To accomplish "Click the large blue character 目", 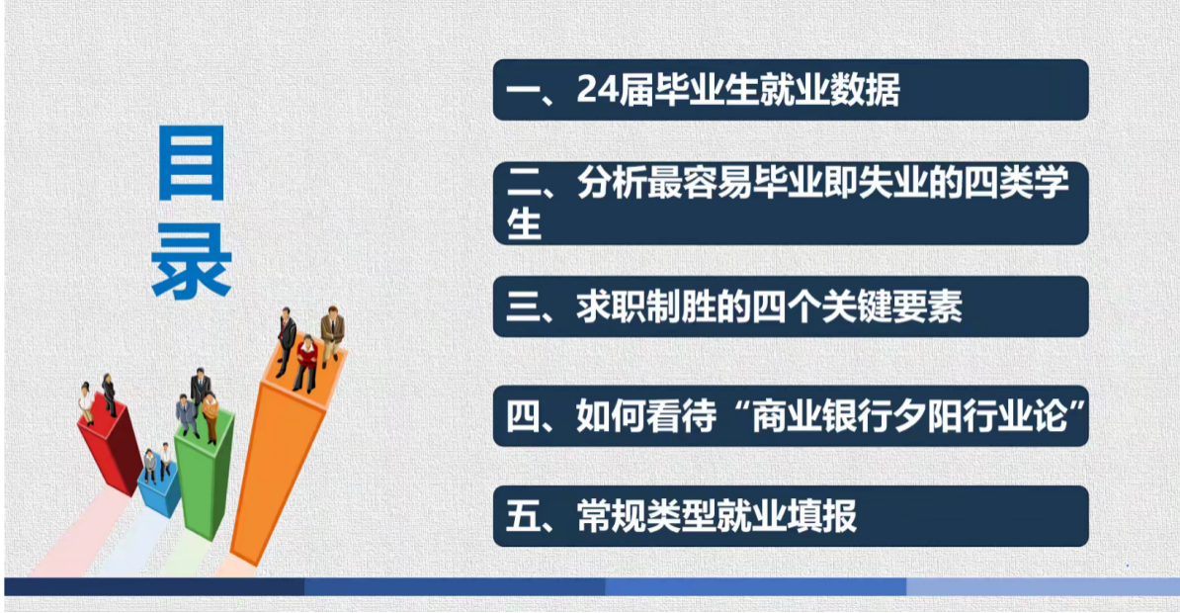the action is (191, 163).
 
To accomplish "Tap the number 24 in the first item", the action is (597, 90).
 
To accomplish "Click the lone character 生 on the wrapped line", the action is (524, 222).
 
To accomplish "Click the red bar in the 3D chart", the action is (112, 448).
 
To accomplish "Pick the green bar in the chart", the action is (204, 475).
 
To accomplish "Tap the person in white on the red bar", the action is (87, 404).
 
